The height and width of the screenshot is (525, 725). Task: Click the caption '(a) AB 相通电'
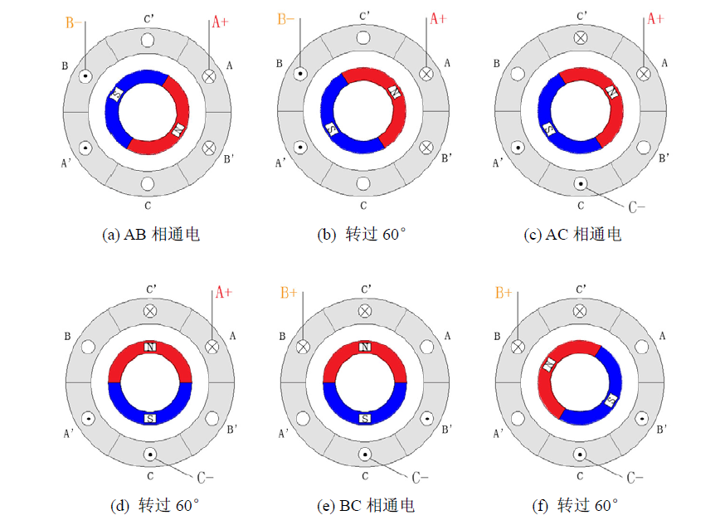tap(150, 235)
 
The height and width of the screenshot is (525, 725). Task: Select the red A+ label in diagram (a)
tap(220, 22)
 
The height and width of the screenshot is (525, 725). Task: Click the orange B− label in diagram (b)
tap(287, 19)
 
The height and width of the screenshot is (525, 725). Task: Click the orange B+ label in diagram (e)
tap(289, 292)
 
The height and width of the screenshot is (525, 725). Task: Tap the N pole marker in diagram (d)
tap(150, 346)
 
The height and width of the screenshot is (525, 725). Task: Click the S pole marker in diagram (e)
tap(364, 419)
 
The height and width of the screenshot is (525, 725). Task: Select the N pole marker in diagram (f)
tap(549, 363)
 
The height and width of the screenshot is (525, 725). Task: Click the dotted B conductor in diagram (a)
tap(85, 76)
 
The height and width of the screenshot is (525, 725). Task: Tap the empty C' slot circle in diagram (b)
tap(363, 39)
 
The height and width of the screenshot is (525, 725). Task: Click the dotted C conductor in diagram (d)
tap(150, 455)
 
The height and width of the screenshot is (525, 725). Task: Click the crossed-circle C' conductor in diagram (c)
tap(581, 38)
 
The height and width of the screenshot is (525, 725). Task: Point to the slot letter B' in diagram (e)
tap(447, 430)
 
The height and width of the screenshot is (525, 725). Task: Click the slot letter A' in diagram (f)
tap(499, 433)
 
